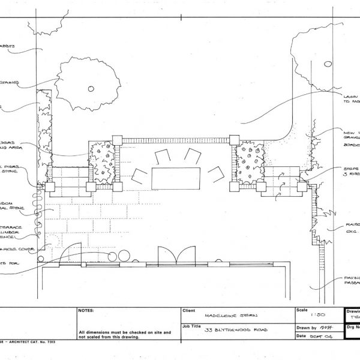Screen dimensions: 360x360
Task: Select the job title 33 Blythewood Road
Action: point(234,329)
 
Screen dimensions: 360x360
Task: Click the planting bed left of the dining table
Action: point(101,163)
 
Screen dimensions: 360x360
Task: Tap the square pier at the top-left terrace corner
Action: point(117,142)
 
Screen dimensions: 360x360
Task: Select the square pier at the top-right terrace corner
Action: point(233,142)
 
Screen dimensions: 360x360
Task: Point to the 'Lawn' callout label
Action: point(350,96)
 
